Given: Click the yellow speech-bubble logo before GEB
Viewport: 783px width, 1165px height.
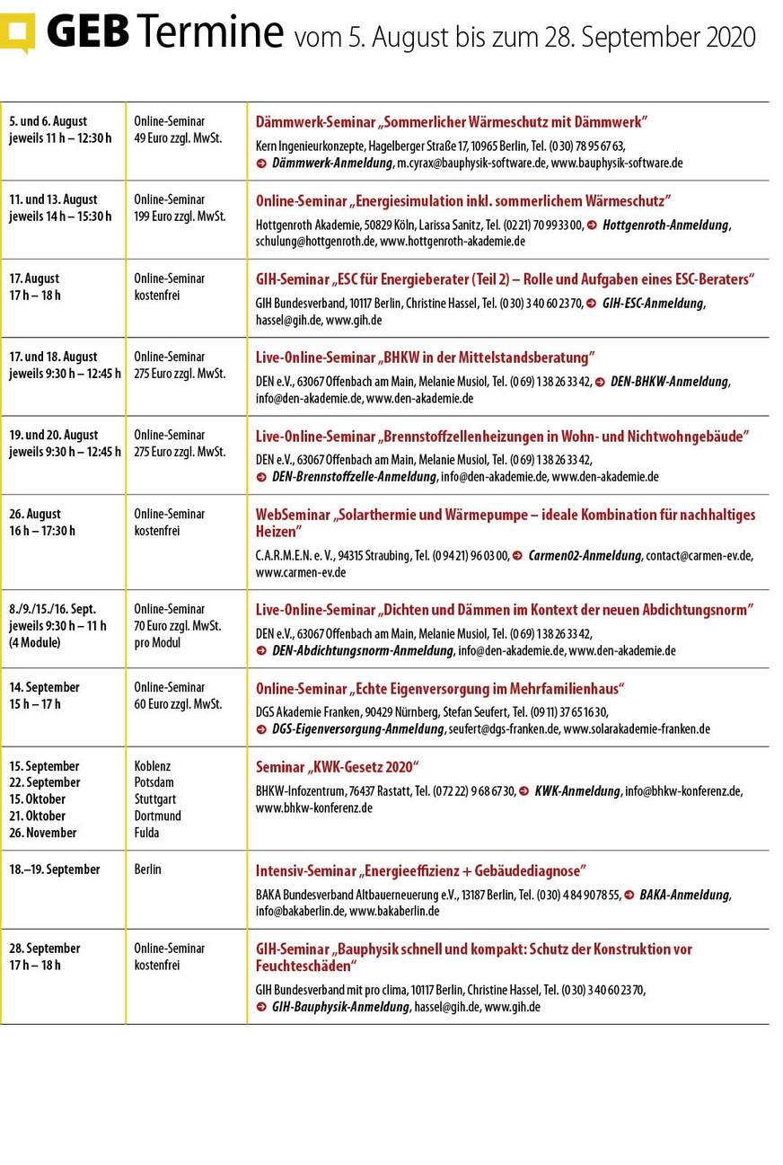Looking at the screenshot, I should tap(18, 31).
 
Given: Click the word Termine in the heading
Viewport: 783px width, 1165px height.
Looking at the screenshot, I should tap(210, 33).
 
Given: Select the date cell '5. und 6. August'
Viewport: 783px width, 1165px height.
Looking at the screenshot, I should tap(48, 121).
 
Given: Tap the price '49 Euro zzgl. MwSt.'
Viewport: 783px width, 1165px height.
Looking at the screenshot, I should tap(178, 138).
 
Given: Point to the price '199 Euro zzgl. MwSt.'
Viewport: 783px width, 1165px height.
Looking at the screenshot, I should tap(180, 216).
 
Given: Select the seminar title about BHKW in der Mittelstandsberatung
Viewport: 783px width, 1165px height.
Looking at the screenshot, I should tap(425, 357).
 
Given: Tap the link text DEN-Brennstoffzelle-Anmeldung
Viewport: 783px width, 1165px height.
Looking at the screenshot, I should tap(354, 477).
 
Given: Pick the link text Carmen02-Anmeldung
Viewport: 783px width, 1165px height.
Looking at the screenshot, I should tap(585, 556).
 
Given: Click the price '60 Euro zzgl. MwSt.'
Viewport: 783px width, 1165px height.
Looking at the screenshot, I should tap(178, 704).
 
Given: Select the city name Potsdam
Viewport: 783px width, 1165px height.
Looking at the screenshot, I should tap(154, 783).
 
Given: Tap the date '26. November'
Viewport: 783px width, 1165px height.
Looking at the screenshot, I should tap(43, 833).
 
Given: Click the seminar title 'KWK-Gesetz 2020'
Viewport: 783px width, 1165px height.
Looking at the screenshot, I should tap(338, 767).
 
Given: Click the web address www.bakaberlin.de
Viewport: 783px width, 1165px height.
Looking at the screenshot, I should tap(394, 911).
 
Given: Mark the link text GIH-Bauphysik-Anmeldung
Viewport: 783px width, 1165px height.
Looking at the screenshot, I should tap(340, 1007).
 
